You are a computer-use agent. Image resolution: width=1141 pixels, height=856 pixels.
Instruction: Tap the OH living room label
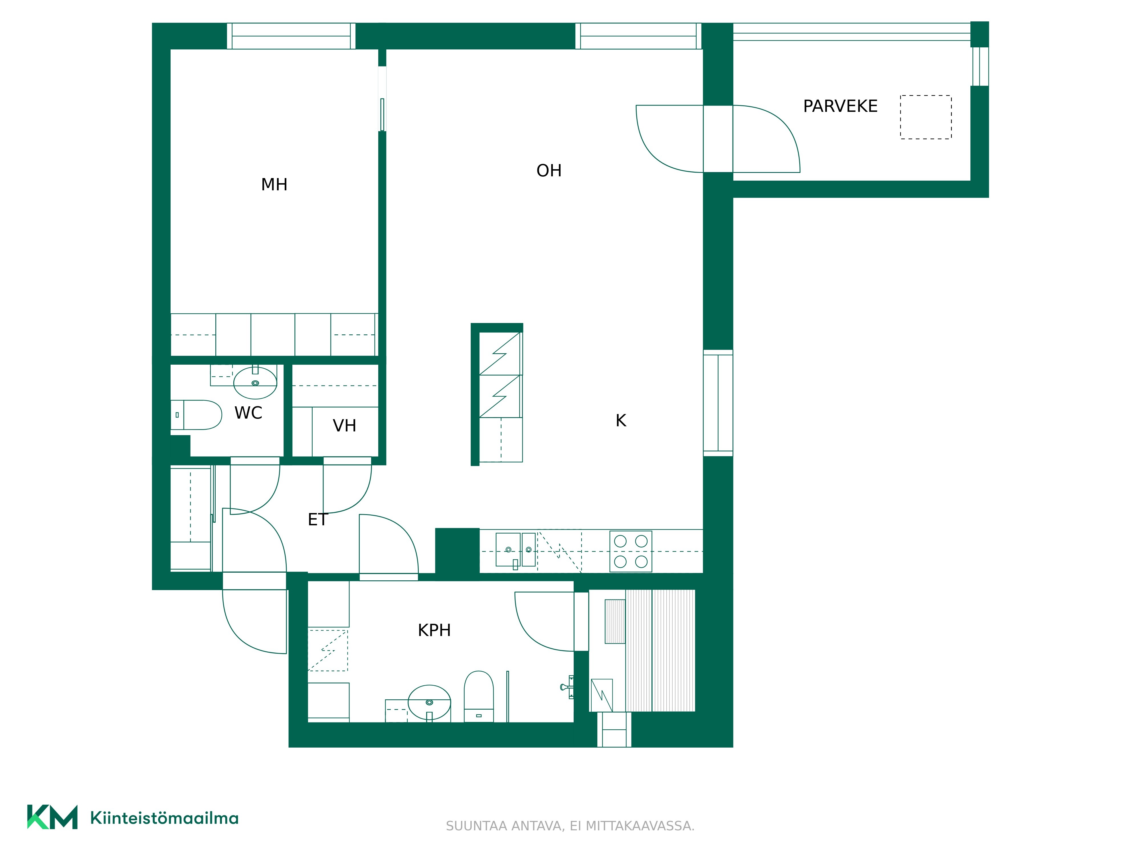pos(549,170)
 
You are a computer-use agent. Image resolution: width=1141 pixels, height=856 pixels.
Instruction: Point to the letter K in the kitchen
pos(621,421)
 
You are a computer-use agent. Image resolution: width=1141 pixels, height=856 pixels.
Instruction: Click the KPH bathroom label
pos(434,630)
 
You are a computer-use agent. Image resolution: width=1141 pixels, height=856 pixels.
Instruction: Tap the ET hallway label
pos(318,520)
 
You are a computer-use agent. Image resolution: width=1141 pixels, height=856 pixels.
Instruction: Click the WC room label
pos(248,413)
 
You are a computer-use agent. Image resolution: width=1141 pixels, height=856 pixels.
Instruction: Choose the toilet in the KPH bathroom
pos(479,696)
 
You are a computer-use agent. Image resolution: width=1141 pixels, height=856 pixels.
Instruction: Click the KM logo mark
pos(52,817)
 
